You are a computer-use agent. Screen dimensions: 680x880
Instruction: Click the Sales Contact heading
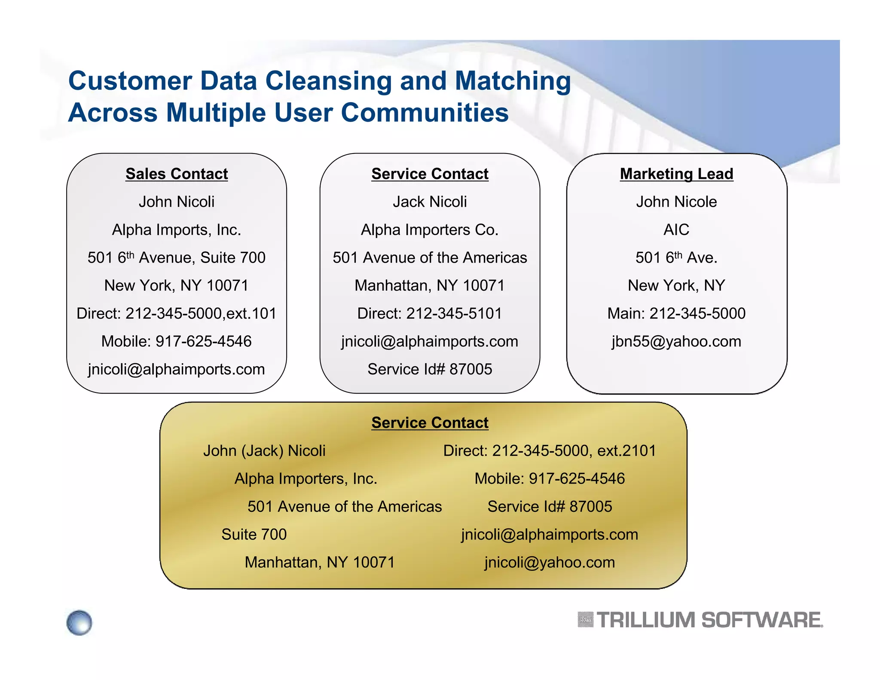pyautogui.click(x=177, y=174)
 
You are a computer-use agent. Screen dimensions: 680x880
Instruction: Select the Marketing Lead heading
pyautogui.click(x=676, y=174)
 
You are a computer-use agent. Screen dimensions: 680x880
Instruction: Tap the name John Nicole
pyautogui.click(x=676, y=202)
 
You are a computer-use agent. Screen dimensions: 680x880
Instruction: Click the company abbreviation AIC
pyautogui.click(x=676, y=230)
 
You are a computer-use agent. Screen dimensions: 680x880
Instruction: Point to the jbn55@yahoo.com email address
pyautogui.click(x=676, y=342)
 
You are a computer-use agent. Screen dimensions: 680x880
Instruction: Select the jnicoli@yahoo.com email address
pyautogui.click(x=550, y=563)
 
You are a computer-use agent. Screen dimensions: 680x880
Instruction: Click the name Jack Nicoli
pyautogui.click(x=430, y=202)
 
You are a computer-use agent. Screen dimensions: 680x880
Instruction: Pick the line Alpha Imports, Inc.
pyautogui.click(x=177, y=230)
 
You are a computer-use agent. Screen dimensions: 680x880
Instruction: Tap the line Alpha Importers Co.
pyautogui.click(x=430, y=230)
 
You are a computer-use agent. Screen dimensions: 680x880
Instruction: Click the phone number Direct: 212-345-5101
pyautogui.click(x=430, y=314)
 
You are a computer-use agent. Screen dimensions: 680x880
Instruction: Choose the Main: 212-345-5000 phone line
pyautogui.click(x=676, y=314)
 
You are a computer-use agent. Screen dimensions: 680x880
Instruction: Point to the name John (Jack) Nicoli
pyautogui.click(x=264, y=451)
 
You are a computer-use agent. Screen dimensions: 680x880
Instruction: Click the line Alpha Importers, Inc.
pyautogui.click(x=306, y=479)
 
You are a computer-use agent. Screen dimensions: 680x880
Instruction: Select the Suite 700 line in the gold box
pyautogui.click(x=254, y=535)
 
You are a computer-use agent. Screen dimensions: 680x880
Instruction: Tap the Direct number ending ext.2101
pyautogui.click(x=550, y=451)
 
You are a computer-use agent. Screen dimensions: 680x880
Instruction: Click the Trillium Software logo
pyautogui.click(x=700, y=620)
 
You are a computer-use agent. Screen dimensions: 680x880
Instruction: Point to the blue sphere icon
pyautogui.click(x=79, y=622)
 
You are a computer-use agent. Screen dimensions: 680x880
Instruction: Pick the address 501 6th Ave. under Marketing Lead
pyautogui.click(x=676, y=258)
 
